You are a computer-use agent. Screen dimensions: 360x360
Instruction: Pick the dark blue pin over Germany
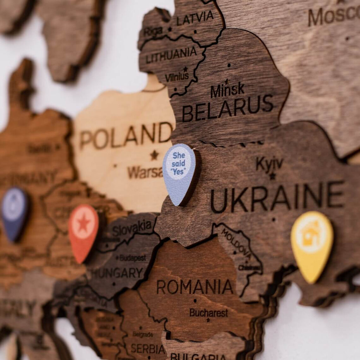pyautogui.click(x=15, y=213)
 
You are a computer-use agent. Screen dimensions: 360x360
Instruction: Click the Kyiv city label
pyautogui.click(x=269, y=163)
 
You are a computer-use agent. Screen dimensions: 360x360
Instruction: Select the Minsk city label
pyautogui.click(x=227, y=90)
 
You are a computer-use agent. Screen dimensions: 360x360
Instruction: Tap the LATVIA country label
pyautogui.click(x=195, y=18)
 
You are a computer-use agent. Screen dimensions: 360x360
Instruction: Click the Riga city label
pyautogui.click(x=153, y=31)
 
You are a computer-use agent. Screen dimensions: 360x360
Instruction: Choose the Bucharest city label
pyautogui.click(x=208, y=312)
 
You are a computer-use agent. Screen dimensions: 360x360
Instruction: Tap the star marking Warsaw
pyautogui.click(x=154, y=155)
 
